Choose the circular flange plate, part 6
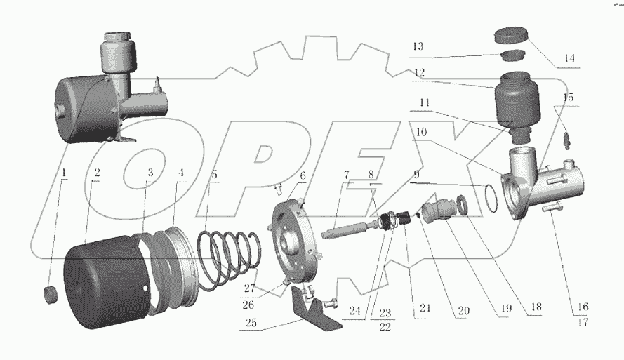[295, 235]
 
